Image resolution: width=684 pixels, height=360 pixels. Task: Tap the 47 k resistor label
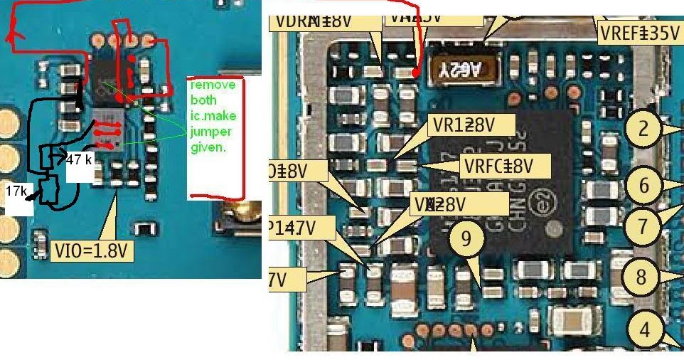(80, 160)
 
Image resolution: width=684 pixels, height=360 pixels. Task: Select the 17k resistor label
(16, 192)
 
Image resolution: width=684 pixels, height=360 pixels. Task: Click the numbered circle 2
(643, 129)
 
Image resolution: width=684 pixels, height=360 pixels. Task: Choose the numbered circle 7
(643, 227)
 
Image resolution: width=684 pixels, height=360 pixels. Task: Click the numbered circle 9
(466, 239)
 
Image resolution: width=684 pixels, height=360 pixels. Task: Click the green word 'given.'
(205, 148)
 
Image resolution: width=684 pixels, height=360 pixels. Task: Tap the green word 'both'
(203, 100)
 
